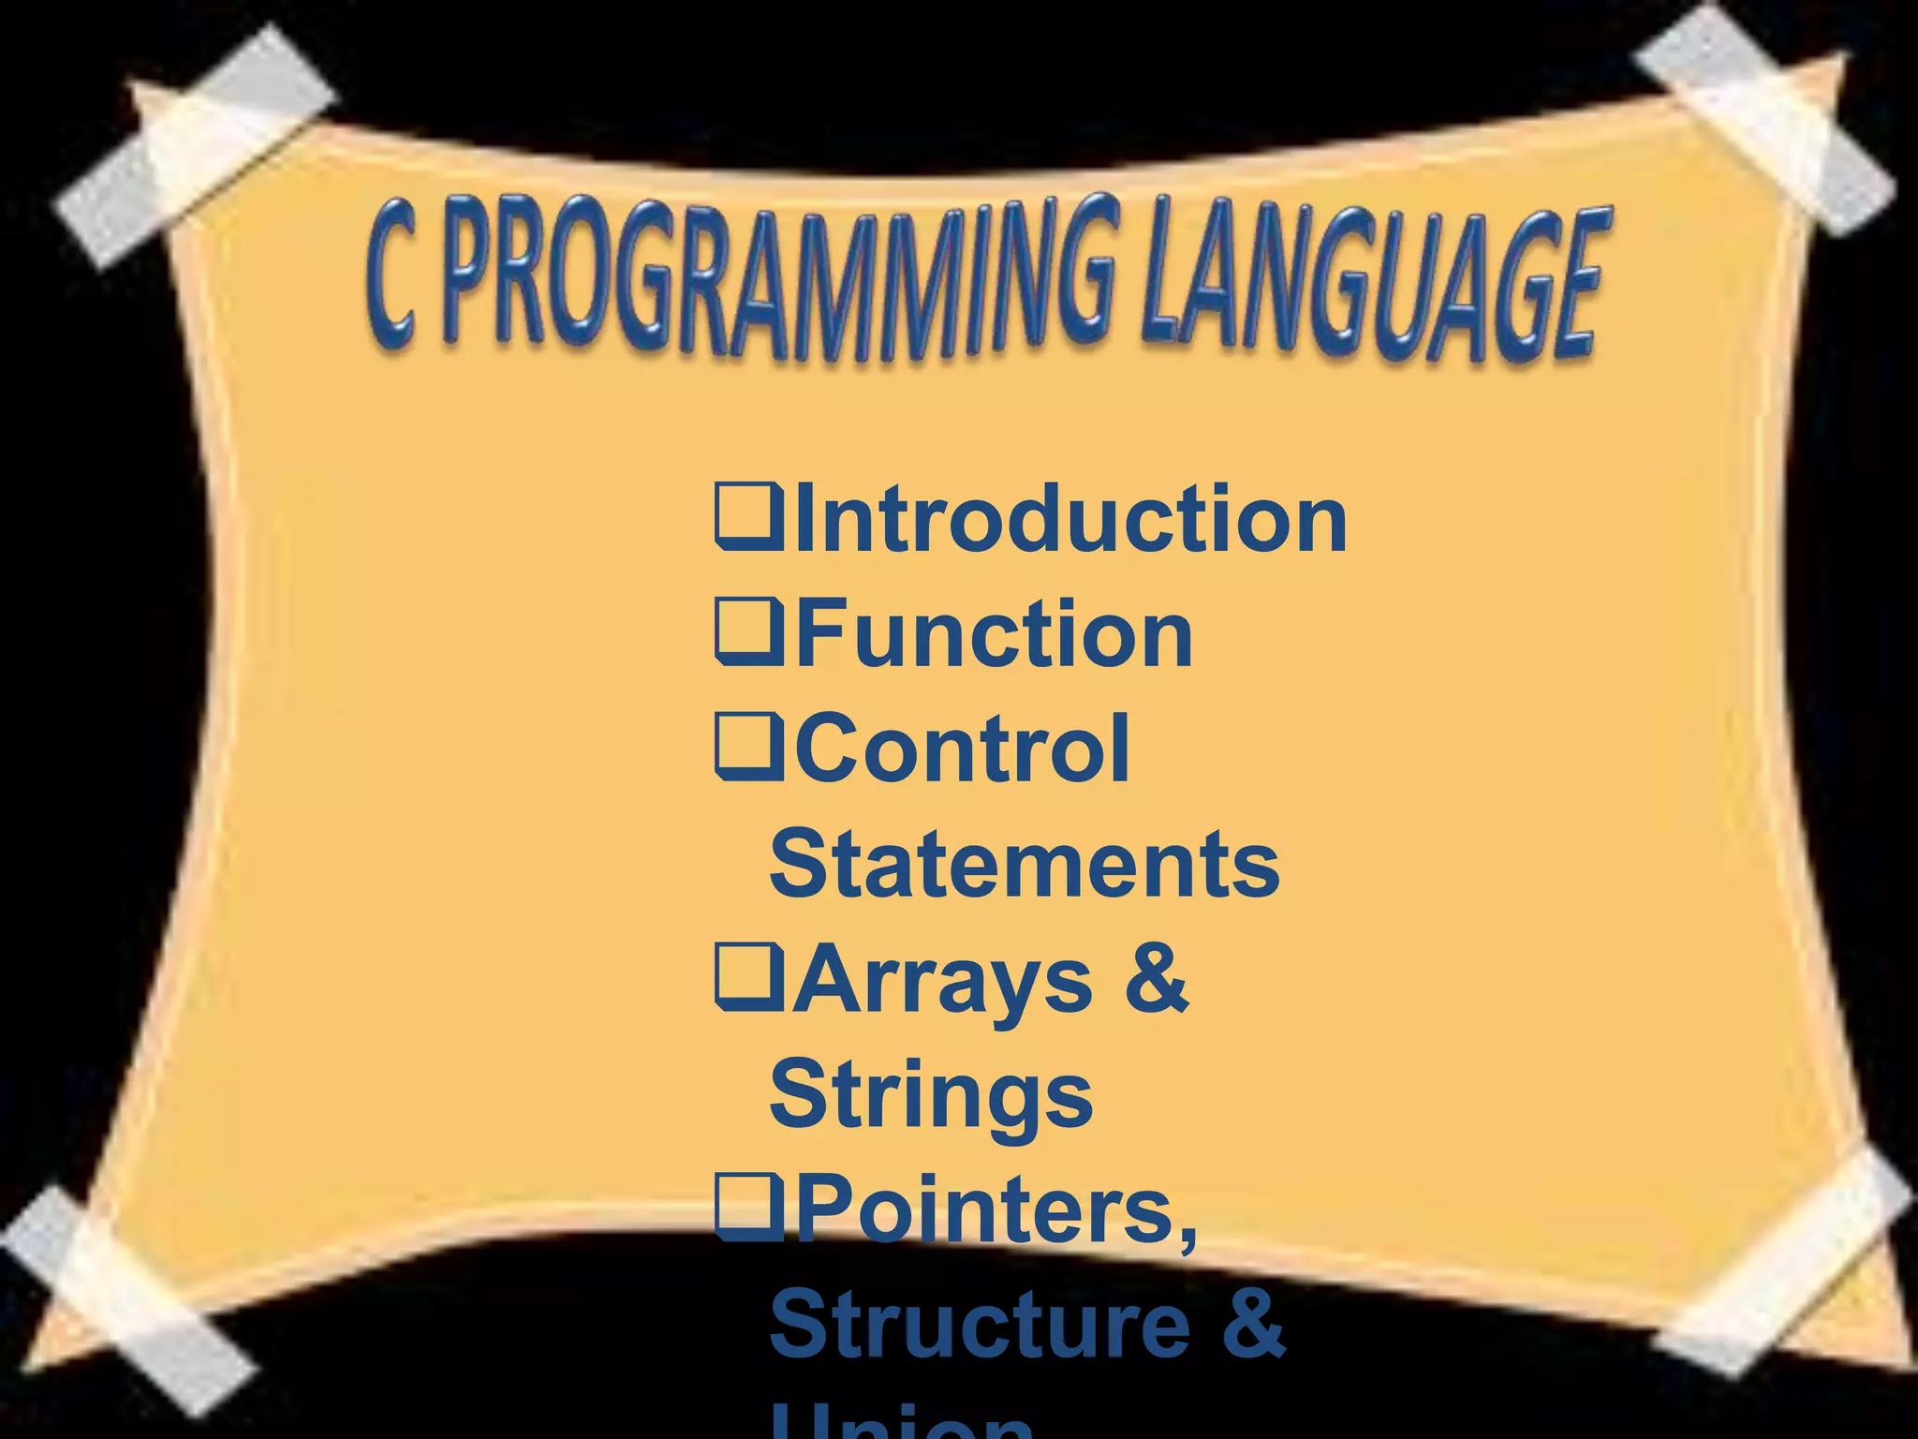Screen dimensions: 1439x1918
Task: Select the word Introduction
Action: (1070, 519)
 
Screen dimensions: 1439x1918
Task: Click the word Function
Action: (994, 634)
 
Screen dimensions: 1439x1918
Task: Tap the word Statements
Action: (1025, 864)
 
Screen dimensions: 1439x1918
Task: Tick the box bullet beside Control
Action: (746, 747)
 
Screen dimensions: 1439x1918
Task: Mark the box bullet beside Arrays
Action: (746, 977)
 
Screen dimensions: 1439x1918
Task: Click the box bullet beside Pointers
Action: (746, 1207)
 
